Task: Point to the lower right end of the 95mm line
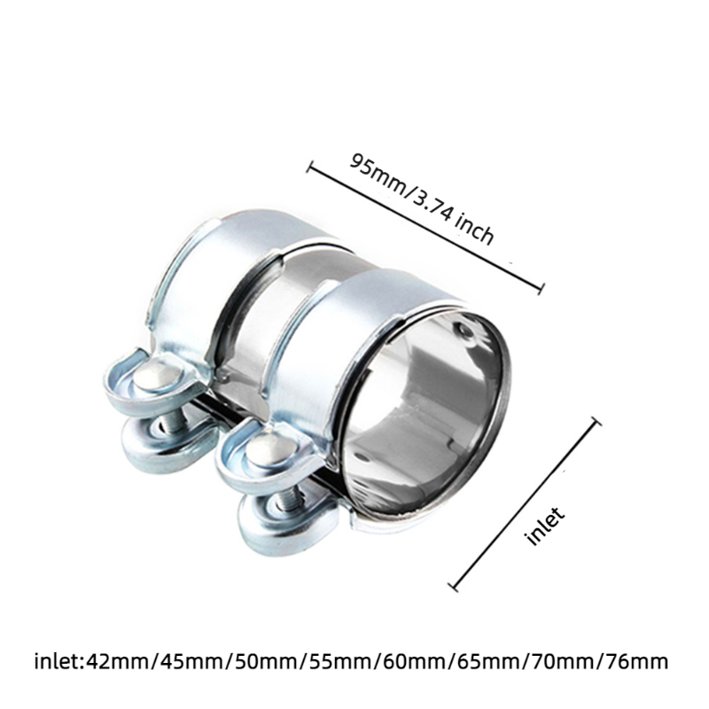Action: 540,285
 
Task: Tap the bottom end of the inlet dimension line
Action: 455,587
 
